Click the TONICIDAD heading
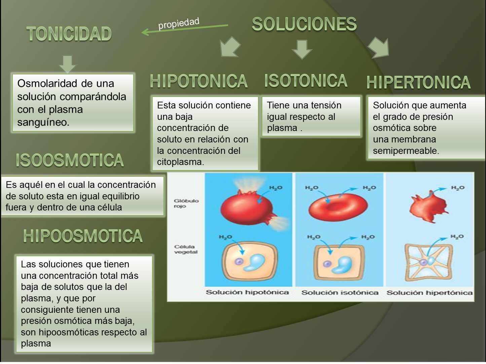click(69, 34)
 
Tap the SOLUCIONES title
click(304, 24)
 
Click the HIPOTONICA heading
click(198, 81)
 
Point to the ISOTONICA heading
click(305, 81)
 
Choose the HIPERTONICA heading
click(418, 82)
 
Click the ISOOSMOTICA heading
click(70, 160)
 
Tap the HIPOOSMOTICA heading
click(83, 236)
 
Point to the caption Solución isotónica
click(340, 293)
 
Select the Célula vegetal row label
click(186, 249)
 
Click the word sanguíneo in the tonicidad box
click(43, 122)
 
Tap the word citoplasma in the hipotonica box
click(180, 162)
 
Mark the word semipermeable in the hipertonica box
click(406, 151)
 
